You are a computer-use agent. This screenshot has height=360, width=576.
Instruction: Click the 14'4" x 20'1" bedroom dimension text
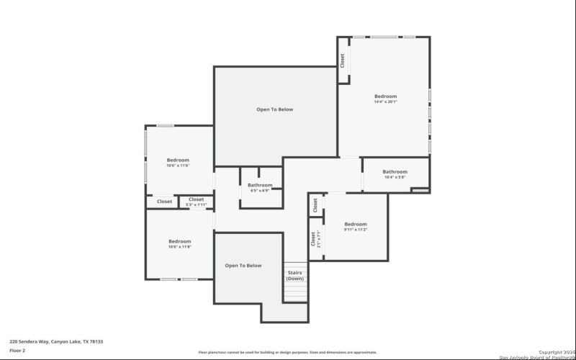[x=385, y=102]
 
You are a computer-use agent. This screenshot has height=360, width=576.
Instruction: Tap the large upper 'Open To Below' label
[x=275, y=109]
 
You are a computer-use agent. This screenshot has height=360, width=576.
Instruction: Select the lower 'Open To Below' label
[x=243, y=266]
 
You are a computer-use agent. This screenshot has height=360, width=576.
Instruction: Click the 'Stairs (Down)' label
[x=295, y=276]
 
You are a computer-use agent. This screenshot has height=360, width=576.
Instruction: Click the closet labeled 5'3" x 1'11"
[x=197, y=202]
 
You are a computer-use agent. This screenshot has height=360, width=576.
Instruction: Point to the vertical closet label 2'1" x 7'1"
[x=315, y=238]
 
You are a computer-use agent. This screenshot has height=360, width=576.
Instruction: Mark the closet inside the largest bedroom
[x=343, y=60]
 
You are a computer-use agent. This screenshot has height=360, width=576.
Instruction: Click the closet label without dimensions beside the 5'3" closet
[x=165, y=202]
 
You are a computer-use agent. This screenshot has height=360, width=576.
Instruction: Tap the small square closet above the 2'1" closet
[x=316, y=205]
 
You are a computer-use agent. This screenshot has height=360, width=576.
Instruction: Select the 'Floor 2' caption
[x=17, y=351]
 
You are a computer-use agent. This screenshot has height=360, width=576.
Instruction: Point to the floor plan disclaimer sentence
[x=288, y=352]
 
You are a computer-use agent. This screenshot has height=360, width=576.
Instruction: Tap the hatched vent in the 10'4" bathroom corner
[x=420, y=190]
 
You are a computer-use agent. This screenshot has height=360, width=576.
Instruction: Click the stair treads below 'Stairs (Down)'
[x=295, y=292]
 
